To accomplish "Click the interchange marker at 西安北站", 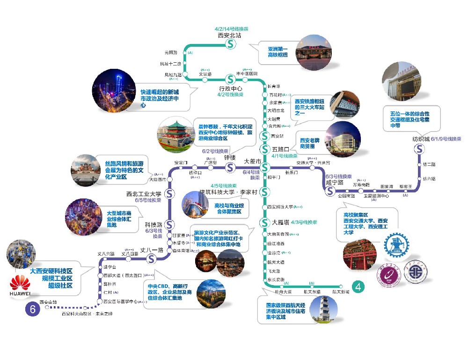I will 230,44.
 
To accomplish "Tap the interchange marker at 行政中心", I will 230,79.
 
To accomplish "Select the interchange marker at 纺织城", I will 419,149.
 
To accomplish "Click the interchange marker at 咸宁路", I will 330,191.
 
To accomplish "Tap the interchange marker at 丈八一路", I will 151,259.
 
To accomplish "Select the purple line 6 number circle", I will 32,309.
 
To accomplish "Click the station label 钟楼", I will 230,158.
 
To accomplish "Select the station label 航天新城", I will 341,292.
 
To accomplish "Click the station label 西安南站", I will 49,302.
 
